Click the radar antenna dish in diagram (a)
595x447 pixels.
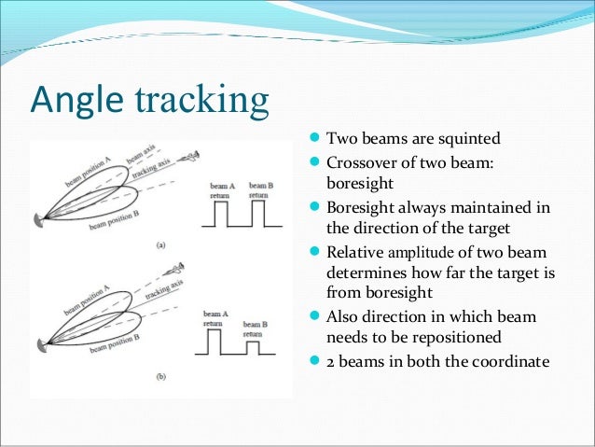click(x=40, y=220)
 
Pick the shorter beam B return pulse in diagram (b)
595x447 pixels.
click(x=253, y=347)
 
